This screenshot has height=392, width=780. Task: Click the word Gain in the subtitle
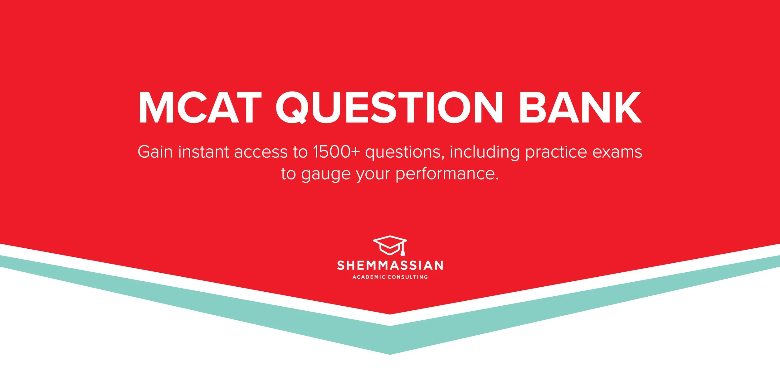(155, 152)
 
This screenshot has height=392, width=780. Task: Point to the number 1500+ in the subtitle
(336, 152)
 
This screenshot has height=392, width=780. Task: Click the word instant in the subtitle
(203, 152)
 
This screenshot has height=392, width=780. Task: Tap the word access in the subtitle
(261, 153)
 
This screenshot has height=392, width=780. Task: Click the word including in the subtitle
(485, 153)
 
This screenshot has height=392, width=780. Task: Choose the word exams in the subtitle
(617, 152)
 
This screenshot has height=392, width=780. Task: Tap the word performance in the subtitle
(447, 174)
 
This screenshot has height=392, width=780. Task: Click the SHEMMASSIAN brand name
(390, 265)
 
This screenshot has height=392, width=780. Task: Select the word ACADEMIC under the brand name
(369, 277)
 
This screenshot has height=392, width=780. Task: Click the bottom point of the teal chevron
(390, 353)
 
